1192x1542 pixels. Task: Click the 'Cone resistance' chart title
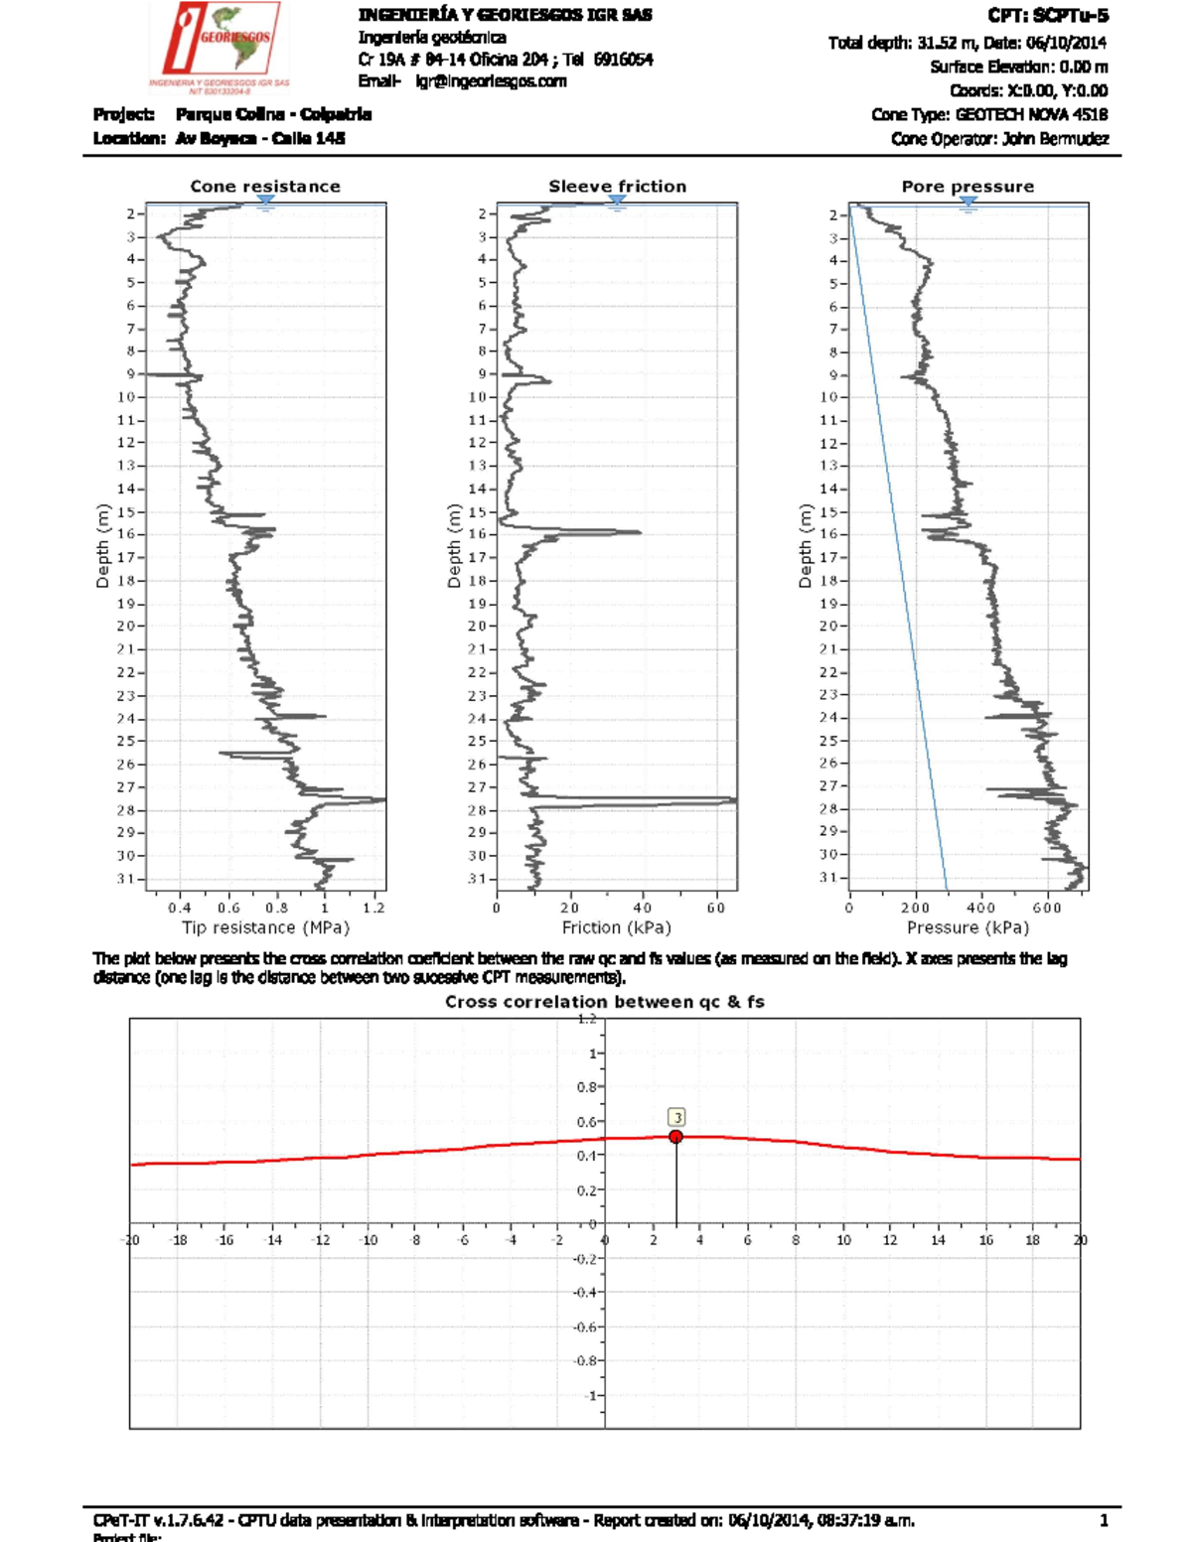pyautogui.click(x=265, y=187)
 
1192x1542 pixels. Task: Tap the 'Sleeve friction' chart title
pyautogui.click(x=617, y=187)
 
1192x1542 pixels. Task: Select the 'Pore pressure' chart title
pyautogui.click(x=968, y=187)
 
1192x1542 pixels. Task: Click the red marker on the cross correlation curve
pyautogui.click(x=675, y=1137)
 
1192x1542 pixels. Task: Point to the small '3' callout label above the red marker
pyautogui.click(x=677, y=1118)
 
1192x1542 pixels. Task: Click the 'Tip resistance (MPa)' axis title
pyautogui.click(x=265, y=927)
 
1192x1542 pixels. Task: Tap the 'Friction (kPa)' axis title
pyautogui.click(x=617, y=927)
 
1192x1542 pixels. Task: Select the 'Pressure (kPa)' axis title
pyautogui.click(x=968, y=927)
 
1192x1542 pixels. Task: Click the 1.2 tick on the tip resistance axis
pyautogui.click(x=373, y=908)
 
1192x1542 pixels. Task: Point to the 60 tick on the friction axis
pyautogui.click(x=716, y=908)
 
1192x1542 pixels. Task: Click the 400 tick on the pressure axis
pyautogui.click(x=980, y=908)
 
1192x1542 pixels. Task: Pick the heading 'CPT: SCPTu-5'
pyautogui.click(x=1048, y=16)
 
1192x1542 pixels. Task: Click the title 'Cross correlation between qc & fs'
pyautogui.click(x=604, y=1002)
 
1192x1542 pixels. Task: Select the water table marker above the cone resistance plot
pyautogui.click(x=265, y=203)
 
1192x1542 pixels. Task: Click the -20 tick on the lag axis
pyautogui.click(x=131, y=1240)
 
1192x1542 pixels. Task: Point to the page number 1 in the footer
pyautogui.click(x=1104, y=1520)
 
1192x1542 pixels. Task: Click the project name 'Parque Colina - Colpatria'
pyautogui.click(x=273, y=114)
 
